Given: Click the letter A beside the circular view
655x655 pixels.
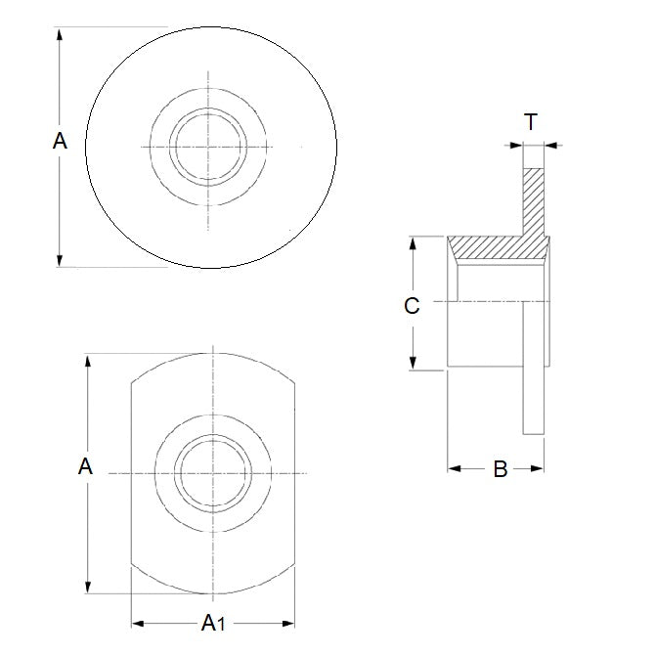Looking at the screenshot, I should [60, 143].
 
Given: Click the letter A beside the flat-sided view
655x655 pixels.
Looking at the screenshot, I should [86, 467].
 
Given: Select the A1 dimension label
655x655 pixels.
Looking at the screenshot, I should [212, 623].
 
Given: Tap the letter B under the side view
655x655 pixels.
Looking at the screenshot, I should [500, 469].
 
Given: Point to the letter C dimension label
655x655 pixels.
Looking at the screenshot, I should [412, 306].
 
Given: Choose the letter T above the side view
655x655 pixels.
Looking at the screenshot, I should [531, 122].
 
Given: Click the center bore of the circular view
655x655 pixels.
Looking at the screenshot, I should [208, 147].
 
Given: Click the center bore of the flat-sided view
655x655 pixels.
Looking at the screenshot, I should [211, 473].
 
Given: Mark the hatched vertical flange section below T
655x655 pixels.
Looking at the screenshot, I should [533, 200].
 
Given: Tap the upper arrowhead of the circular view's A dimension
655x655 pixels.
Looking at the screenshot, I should [62, 34].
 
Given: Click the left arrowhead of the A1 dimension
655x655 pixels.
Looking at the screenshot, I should [137, 622].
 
